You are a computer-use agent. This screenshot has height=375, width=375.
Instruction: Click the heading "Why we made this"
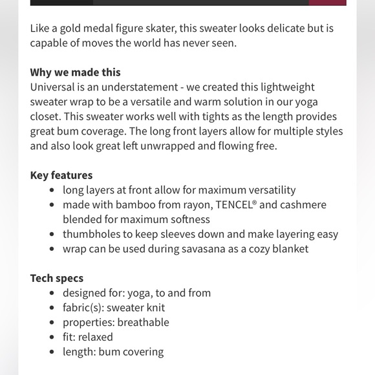[75, 72]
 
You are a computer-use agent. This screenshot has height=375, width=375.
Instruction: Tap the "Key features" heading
[61, 175]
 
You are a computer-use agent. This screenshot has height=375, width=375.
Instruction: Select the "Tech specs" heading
[57, 279]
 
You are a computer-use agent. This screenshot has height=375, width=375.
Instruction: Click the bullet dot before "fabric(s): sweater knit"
[52, 308]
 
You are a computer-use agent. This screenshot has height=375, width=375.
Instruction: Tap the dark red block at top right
[327, 3]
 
